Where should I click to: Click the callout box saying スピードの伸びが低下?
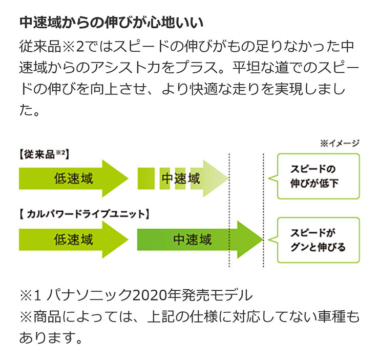coord(318,175)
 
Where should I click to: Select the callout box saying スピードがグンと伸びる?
coord(318,239)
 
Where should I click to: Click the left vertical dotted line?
coord(229,210)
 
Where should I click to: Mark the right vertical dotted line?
coord(263,210)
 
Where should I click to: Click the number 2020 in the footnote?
coord(148,296)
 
